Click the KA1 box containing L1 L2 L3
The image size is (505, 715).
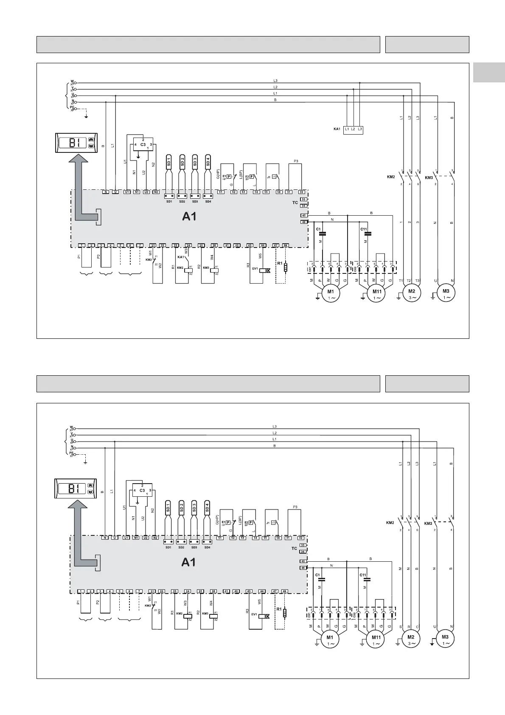pyautogui.click(x=353, y=129)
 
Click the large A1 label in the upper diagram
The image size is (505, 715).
pyautogui.click(x=189, y=217)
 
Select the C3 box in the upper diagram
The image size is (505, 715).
pyautogui.click(x=143, y=145)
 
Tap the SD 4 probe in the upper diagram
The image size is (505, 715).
pyautogui.click(x=208, y=162)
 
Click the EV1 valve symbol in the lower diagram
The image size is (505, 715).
pyautogui.click(x=265, y=616)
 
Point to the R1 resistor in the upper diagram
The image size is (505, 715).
pyautogui.click(x=286, y=267)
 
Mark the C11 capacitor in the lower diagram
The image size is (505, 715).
pyautogui.click(x=367, y=579)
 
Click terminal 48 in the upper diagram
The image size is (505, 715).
pyautogui.click(x=286, y=246)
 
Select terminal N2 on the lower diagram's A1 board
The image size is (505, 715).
pyautogui.click(x=155, y=538)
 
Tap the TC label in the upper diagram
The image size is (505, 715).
pyautogui.click(x=295, y=203)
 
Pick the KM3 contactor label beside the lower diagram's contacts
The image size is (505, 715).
pyautogui.click(x=428, y=523)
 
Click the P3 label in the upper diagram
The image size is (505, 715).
pyautogui.click(x=296, y=161)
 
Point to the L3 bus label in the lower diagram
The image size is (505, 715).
pyautogui.click(x=275, y=426)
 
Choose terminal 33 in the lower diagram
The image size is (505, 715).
pyautogui.click(x=303, y=545)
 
